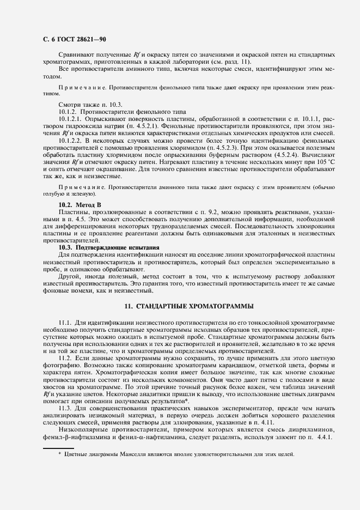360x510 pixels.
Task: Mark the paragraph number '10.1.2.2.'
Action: pos(71,139)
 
